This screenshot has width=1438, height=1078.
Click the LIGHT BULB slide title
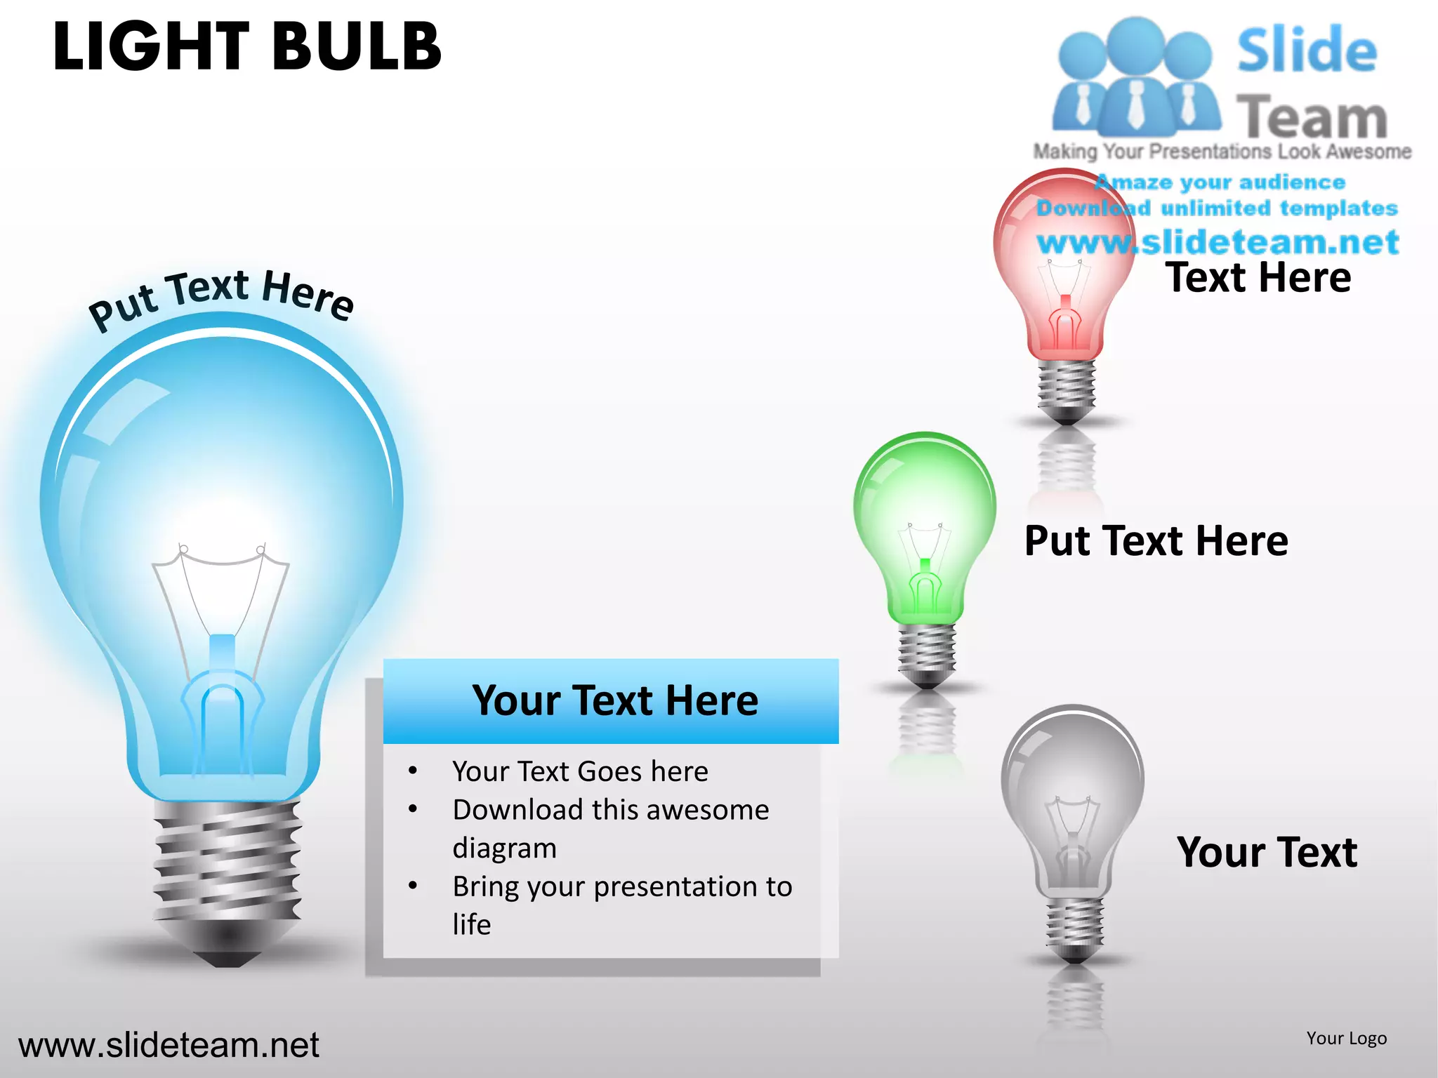[247, 47]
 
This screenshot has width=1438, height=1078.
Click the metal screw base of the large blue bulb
[227, 863]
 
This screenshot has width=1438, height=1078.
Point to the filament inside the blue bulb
[221, 597]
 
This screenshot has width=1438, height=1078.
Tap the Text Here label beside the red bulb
[1258, 277]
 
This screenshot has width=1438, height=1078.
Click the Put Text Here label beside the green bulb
[1156, 540]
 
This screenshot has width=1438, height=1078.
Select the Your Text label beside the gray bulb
[1267, 852]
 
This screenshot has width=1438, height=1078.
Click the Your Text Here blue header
[614, 700]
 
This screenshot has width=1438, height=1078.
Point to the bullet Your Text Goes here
[580, 771]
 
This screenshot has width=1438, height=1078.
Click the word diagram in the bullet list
[504, 848]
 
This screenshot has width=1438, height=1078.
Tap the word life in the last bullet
[471, 924]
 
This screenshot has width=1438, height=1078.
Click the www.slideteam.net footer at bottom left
[169, 1045]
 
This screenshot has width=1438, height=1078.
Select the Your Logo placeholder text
[1346, 1038]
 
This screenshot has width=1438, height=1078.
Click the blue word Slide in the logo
[1307, 51]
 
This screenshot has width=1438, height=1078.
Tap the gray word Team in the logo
[1311, 117]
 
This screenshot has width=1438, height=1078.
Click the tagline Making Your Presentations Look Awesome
[1222, 152]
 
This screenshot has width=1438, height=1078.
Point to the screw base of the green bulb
[927, 649]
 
